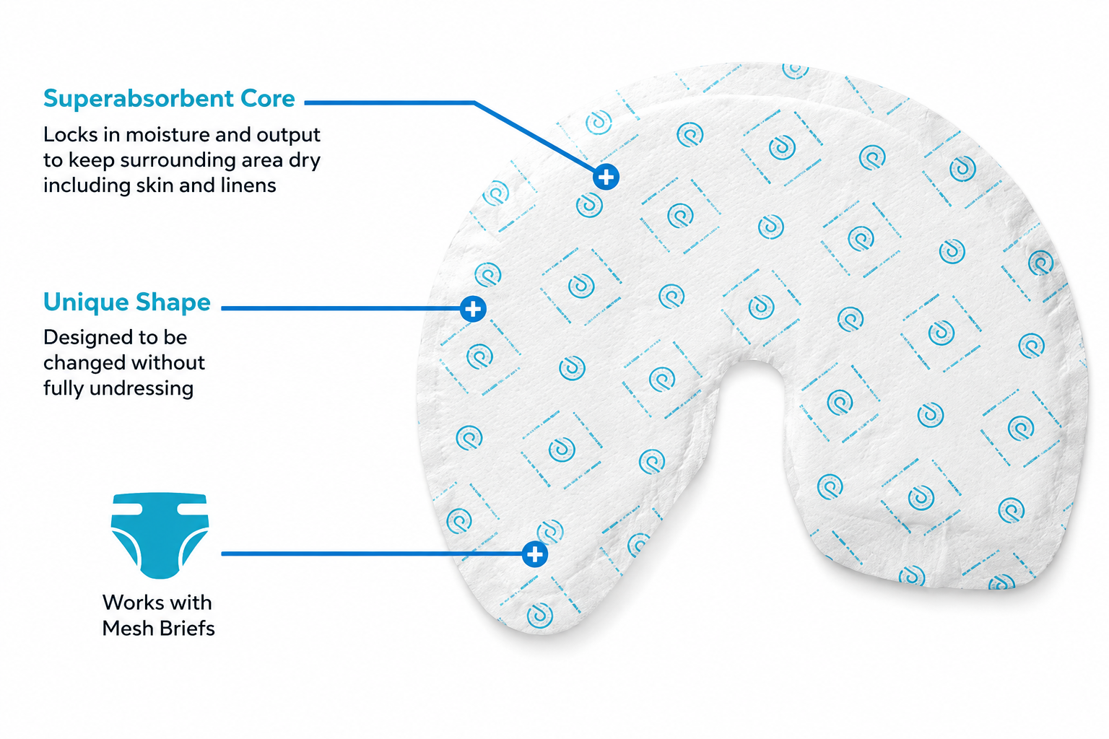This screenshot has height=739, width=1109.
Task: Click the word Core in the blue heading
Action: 268,98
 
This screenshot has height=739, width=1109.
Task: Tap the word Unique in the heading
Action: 86,302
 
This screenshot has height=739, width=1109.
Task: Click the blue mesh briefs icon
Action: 160,535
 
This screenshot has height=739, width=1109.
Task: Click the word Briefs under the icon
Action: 190,629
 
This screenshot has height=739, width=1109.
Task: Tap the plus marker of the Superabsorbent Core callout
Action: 606,177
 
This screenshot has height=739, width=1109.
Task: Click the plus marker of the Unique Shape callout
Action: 473,309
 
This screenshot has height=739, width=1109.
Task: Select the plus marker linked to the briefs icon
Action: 535,554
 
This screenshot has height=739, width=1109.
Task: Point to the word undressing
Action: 141,389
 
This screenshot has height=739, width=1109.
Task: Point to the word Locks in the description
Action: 71,135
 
